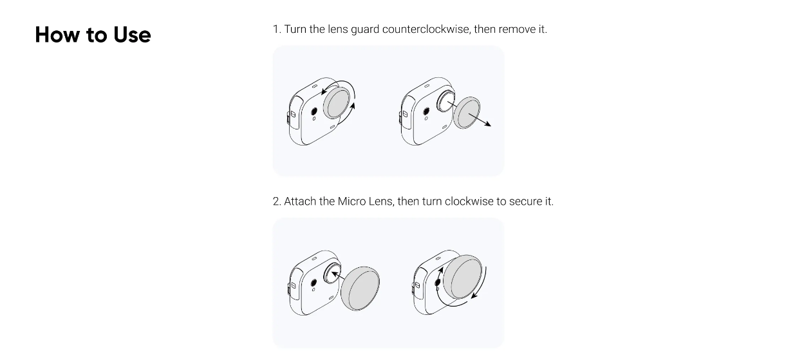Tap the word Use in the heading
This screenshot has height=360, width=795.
pos(132,35)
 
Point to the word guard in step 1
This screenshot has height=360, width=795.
pos(365,30)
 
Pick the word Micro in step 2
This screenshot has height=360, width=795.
pos(351,202)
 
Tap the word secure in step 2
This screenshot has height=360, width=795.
pos(527,202)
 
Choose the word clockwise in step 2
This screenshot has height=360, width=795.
pos(469,202)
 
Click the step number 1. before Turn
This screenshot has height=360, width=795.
pos(277,29)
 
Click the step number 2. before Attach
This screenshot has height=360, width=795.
pos(277,202)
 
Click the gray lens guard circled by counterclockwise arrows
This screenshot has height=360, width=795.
pos(337,103)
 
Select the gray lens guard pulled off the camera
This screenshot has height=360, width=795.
pos(467,113)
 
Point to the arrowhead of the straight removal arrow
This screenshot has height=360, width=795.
pos(489,124)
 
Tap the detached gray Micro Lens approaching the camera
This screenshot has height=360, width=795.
pos(360,289)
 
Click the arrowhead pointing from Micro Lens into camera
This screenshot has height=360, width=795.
pos(334,274)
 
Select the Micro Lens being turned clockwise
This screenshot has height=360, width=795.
pos(462,277)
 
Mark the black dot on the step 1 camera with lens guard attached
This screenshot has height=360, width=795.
pos(313,111)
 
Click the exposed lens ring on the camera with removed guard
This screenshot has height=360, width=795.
pos(445,102)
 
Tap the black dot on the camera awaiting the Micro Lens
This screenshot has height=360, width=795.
pos(313,283)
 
